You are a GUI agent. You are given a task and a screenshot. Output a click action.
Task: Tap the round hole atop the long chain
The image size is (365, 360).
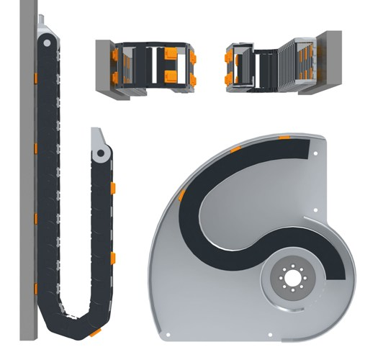tap(47, 44)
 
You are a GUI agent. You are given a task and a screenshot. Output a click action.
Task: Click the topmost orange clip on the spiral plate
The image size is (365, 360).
tap(285, 135)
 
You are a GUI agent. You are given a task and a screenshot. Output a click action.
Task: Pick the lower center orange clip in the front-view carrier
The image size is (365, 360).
tap(171, 76)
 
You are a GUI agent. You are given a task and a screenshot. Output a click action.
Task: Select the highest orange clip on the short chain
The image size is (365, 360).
tap(113, 188)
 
